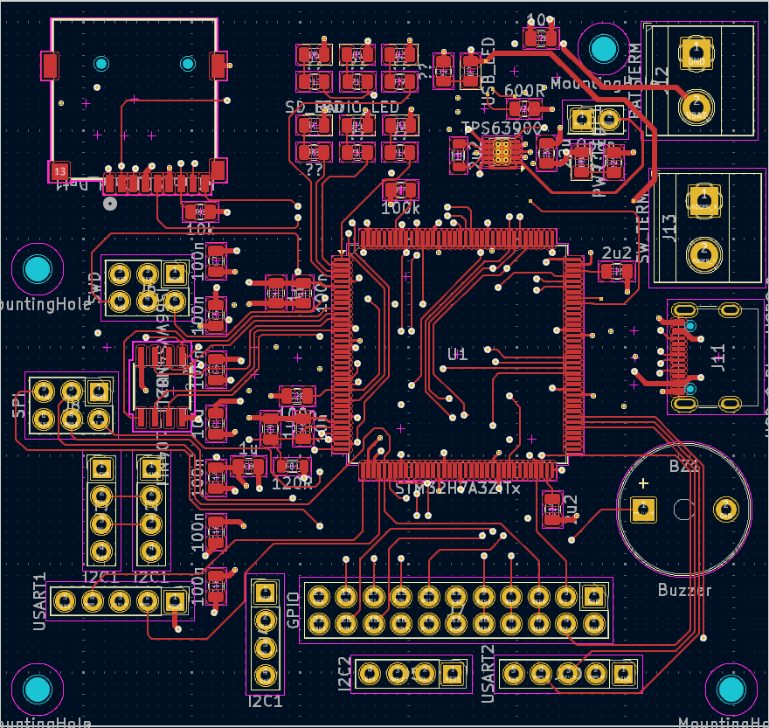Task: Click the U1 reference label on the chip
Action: (458, 354)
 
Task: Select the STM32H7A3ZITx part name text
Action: (458, 488)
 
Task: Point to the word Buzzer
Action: (684, 590)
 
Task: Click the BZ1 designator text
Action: (684, 466)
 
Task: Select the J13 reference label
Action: (670, 228)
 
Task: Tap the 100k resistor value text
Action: (401, 209)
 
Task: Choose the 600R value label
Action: (524, 90)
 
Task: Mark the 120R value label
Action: (292, 482)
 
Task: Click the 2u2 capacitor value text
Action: (617, 253)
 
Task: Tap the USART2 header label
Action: (488, 674)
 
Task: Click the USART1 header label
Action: (39, 601)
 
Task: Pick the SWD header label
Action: (94, 284)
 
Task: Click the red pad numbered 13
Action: (59, 170)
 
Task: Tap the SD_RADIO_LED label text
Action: (342, 107)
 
